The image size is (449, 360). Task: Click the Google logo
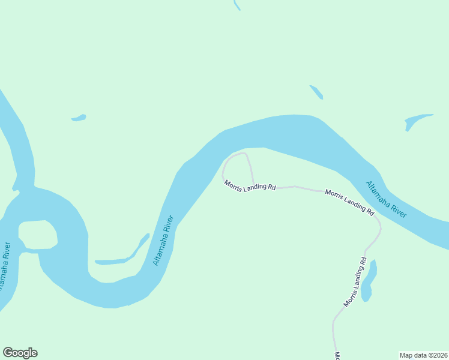(x=20, y=353)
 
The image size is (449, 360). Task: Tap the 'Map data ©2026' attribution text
(x=423, y=355)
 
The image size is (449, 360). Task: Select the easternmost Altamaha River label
(x=387, y=199)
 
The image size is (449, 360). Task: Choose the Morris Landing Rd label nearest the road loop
(x=250, y=185)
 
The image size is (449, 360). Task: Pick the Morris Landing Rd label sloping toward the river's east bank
(x=349, y=202)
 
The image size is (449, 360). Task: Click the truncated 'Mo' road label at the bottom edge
(x=337, y=355)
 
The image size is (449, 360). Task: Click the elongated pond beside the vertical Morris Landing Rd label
(x=369, y=280)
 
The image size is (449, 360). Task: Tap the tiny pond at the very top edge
(x=237, y=5)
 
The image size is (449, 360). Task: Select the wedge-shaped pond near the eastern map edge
(x=417, y=120)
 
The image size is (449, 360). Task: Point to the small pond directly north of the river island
(x=79, y=118)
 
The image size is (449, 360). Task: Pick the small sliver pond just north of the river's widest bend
(x=316, y=92)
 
